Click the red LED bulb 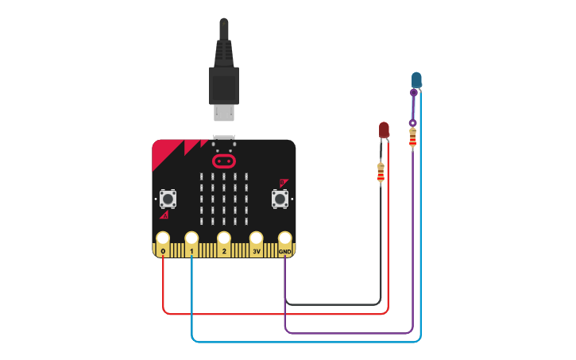tap(385, 129)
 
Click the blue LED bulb tap(416, 79)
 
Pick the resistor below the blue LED tap(412, 138)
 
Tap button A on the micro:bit tap(168, 197)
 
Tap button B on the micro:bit tap(280, 197)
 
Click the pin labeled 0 tap(163, 239)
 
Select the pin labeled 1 tap(191, 239)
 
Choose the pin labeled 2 tap(224, 239)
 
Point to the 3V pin tap(257, 239)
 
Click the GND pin tap(285, 239)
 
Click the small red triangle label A tap(164, 215)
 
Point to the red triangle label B tap(283, 182)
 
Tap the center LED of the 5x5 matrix tap(224, 200)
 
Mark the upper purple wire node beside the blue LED tap(413, 93)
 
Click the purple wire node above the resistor tap(412, 123)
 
